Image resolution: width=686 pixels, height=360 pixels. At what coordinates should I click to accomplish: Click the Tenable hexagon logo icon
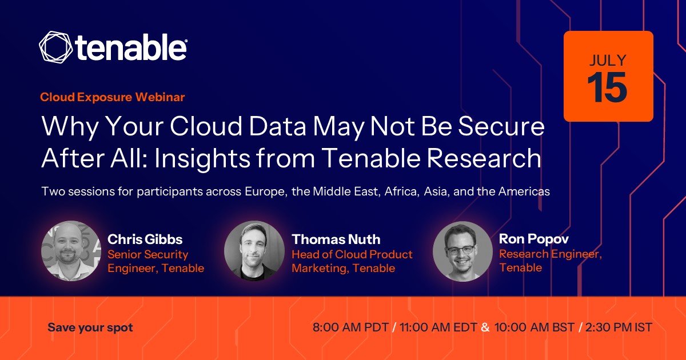click(x=56, y=47)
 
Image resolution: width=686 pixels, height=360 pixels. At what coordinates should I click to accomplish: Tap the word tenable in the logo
click(x=131, y=47)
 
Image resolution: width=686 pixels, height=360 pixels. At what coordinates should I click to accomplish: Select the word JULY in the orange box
click(x=608, y=61)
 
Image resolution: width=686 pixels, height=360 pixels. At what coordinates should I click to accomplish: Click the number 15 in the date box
click(x=607, y=87)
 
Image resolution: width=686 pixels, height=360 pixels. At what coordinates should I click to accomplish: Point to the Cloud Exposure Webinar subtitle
click(x=113, y=97)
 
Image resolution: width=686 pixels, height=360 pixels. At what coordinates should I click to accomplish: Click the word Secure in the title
click(x=501, y=126)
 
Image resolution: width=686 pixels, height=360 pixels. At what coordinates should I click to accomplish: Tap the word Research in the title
click(x=484, y=158)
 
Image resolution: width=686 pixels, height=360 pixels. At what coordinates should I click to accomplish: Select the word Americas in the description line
click(x=524, y=191)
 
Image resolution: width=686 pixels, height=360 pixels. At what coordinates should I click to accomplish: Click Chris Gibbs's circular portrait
click(x=71, y=251)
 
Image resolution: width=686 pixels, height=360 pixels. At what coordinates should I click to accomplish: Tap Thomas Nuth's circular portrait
click(x=254, y=251)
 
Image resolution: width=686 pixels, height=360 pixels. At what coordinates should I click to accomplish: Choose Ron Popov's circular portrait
click(x=462, y=251)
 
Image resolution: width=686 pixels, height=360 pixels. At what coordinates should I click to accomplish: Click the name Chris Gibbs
click(x=145, y=239)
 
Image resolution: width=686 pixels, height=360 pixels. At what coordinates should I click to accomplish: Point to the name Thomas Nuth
click(x=336, y=239)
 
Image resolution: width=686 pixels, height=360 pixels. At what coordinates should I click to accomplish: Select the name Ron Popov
click(x=534, y=239)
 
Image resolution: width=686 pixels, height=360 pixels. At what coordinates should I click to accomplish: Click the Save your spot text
click(x=90, y=327)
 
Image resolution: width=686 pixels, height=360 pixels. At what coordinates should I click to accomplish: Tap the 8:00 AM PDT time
click(x=350, y=327)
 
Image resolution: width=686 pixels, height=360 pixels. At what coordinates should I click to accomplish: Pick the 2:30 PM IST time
click(x=619, y=327)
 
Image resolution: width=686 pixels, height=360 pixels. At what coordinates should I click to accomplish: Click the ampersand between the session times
click(x=485, y=327)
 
